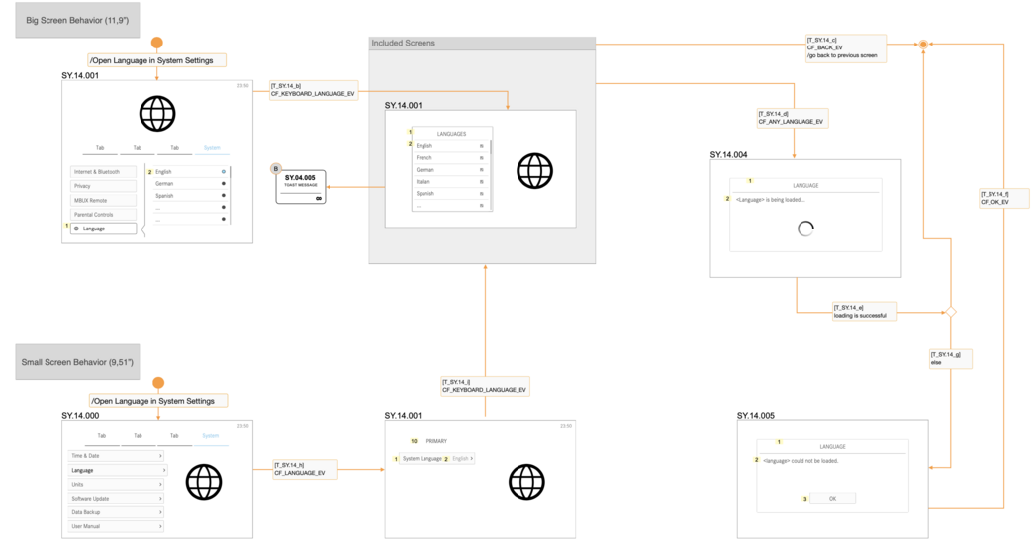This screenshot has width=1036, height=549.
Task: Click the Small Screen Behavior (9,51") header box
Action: point(77,362)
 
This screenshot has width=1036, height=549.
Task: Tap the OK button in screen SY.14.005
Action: point(832,499)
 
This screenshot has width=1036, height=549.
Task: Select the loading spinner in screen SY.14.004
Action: point(805,229)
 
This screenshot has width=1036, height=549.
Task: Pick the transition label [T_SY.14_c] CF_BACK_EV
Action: point(845,48)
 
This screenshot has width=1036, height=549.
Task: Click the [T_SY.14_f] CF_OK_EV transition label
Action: point(1003,198)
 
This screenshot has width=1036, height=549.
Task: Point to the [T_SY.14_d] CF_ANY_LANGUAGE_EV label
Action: point(792,118)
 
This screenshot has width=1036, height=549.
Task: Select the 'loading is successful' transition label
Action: point(864,312)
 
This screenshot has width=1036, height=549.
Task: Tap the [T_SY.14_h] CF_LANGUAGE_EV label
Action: point(305,469)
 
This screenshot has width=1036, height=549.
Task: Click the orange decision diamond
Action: point(951,312)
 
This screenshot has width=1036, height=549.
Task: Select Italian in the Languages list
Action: point(449,181)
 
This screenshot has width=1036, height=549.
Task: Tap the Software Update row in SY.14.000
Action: point(116,499)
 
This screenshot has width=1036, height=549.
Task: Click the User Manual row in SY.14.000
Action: point(116,526)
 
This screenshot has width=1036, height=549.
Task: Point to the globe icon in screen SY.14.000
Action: point(204,482)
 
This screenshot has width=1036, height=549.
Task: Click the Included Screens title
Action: point(404,44)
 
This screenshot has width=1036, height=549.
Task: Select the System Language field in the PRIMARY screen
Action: point(422,459)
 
